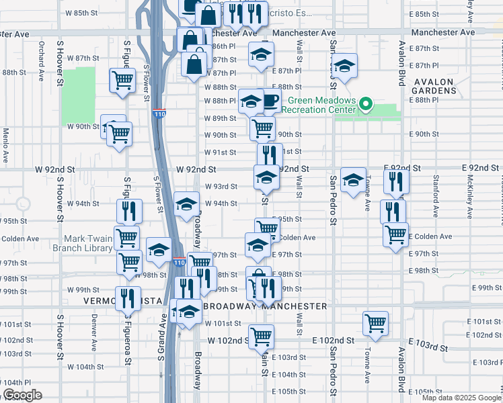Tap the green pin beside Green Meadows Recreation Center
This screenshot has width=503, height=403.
pos(365,104)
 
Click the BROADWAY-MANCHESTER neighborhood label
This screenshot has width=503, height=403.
pos(265,306)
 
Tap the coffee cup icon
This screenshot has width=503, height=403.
pos(270,101)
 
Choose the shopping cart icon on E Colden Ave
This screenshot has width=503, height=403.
pos(395,234)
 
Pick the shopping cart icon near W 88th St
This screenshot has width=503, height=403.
pos(122,81)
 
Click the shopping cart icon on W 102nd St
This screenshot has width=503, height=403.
pos(261,335)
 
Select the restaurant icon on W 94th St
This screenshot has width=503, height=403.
pos(129,211)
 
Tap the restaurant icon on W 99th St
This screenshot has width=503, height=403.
pos(128,298)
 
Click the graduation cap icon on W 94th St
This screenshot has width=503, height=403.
pos(186,205)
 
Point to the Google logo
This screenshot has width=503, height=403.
pos(22,395)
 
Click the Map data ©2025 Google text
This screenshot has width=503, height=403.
pos(461,398)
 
